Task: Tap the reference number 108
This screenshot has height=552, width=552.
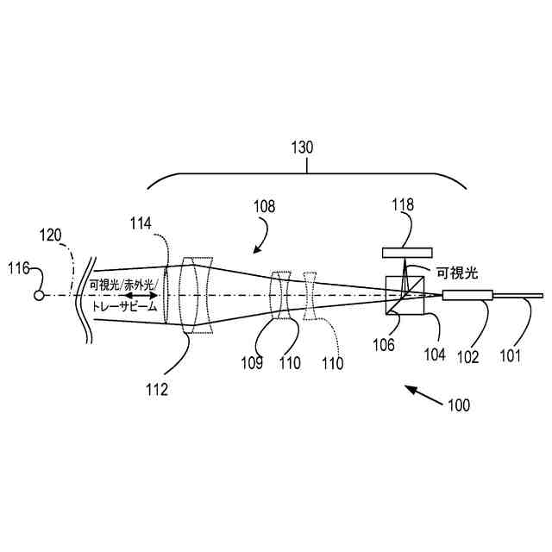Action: (265, 206)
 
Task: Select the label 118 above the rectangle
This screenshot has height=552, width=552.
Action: (403, 205)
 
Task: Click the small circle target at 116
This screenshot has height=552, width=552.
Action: (39, 296)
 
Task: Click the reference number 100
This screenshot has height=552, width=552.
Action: (458, 404)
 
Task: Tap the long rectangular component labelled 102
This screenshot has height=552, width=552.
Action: (467, 296)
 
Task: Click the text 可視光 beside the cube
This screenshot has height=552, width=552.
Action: (456, 273)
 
